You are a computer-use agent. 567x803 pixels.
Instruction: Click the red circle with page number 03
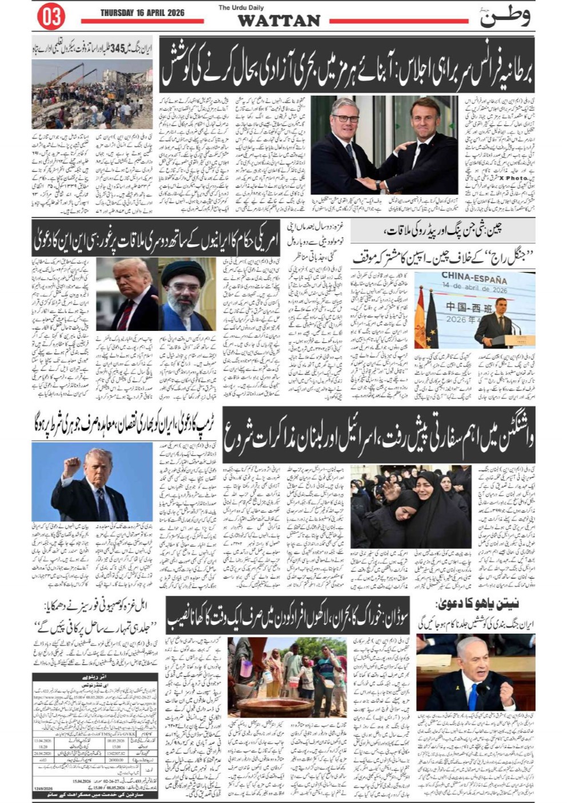pyautogui.click(x=51, y=17)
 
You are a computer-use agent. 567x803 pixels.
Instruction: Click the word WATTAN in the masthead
pyautogui.click(x=278, y=21)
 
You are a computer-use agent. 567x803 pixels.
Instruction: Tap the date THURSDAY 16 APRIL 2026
pyautogui.click(x=142, y=13)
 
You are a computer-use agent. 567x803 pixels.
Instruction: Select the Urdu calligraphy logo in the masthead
pyautogui.click(x=505, y=17)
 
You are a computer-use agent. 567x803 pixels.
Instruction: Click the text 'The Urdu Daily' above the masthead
pyautogui.click(x=241, y=7)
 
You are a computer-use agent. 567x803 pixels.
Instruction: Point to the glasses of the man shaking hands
pyautogui.click(x=345, y=118)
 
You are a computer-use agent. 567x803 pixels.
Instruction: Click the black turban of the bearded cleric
pyautogui.click(x=183, y=272)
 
